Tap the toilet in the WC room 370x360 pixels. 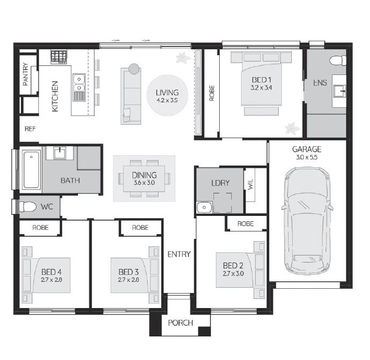27,207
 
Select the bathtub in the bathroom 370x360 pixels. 31,169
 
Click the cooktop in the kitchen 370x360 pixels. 59,57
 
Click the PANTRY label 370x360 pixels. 25,74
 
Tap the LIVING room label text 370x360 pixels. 167,93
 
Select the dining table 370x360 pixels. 144,178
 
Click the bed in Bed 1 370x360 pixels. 261,81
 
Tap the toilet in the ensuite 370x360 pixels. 338,61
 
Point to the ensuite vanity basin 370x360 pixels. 339,91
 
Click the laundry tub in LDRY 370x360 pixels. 204,207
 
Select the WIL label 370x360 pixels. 250,184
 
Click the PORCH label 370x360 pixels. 180,322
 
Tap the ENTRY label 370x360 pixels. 179,254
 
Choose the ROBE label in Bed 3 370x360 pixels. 140,228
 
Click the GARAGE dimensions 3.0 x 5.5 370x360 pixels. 307,157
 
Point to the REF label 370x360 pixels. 30,129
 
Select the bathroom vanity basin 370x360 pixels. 60,153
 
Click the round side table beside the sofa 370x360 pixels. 134,69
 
